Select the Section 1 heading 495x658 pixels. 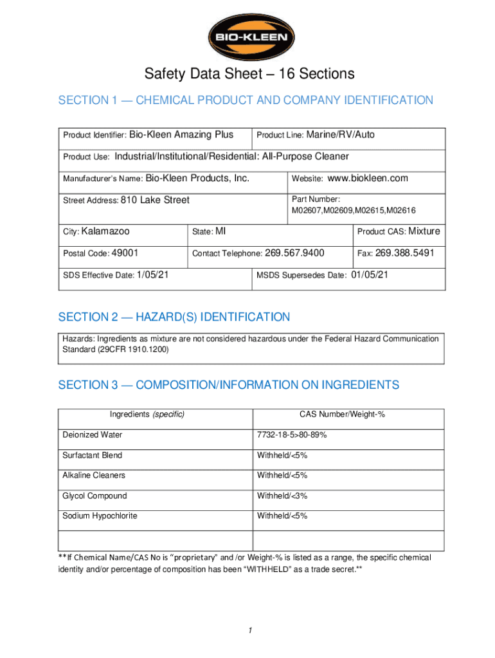[x=246, y=100]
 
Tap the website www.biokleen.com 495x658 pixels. [x=368, y=179]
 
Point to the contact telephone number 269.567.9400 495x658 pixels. [x=294, y=253]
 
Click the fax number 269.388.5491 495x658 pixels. [x=405, y=253]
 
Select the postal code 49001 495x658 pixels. [x=125, y=253]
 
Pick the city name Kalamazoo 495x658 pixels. [x=106, y=231]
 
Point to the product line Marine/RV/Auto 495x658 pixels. [x=341, y=135]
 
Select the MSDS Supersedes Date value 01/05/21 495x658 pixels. [x=370, y=275]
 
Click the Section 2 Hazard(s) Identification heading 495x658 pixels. [x=174, y=317]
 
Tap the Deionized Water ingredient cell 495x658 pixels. [x=93, y=435]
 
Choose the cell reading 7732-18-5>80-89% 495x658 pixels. [x=292, y=435]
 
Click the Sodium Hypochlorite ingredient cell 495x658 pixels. [x=100, y=516]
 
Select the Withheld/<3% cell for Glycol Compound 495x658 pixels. [x=282, y=496]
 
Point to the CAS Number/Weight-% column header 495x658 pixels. [x=342, y=414]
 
